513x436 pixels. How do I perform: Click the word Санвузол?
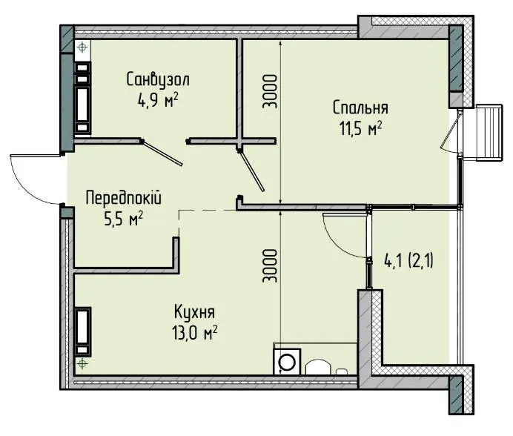158,79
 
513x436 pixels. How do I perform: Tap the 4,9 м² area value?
158,101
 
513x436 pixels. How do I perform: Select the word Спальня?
360,108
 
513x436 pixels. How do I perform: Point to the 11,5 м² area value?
361,128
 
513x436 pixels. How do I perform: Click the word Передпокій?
123,199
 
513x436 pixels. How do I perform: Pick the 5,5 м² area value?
123,219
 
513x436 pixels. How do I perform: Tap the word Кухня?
194,312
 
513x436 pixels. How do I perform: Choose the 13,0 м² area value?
195,333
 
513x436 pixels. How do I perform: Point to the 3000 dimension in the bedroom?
271,92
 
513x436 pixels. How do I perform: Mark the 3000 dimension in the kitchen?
271,266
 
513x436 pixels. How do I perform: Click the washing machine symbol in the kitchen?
287,361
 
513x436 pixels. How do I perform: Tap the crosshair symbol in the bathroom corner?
82,47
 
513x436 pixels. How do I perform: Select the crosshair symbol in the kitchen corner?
82,363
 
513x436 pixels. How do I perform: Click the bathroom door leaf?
162,153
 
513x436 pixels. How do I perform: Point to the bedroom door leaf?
251,171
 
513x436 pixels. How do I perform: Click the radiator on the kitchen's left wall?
83,331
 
